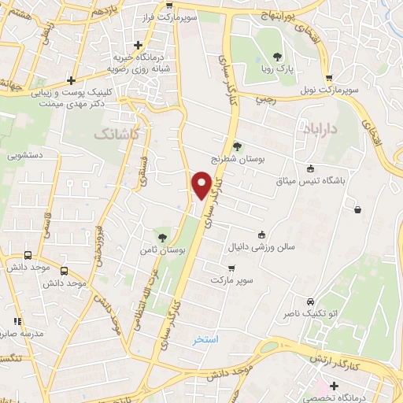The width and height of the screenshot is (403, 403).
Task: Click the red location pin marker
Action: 201,185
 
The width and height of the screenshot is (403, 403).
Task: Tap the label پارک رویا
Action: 276,69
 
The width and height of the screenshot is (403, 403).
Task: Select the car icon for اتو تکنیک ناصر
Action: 311,302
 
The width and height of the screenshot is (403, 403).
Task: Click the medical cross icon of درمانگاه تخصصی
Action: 335,386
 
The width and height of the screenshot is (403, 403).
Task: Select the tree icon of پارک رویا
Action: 277,55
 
